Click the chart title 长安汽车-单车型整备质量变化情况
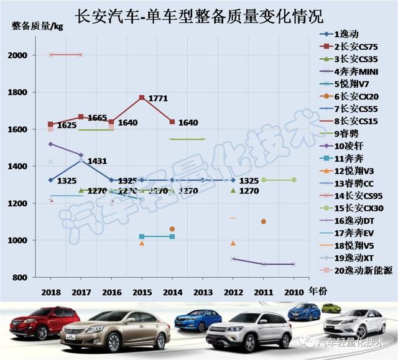(x=198, y=14)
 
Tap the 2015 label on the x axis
(x=142, y=292)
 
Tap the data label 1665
(x=97, y=118)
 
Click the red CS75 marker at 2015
(x=142, y=98)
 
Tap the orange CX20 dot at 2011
(x=264, y=221)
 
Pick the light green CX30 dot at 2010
(x=294, y=180)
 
